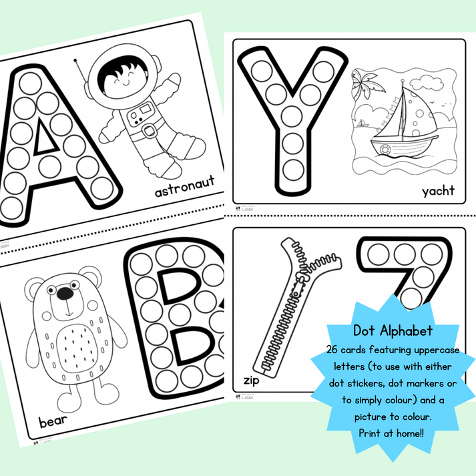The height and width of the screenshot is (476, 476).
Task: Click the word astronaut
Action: [x=185, y=192]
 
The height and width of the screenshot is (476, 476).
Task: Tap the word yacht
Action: [x=438, y=191]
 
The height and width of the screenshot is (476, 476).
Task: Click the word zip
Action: [x=248, y=381]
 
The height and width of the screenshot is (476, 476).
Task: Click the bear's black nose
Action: [x=64, y=294]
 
